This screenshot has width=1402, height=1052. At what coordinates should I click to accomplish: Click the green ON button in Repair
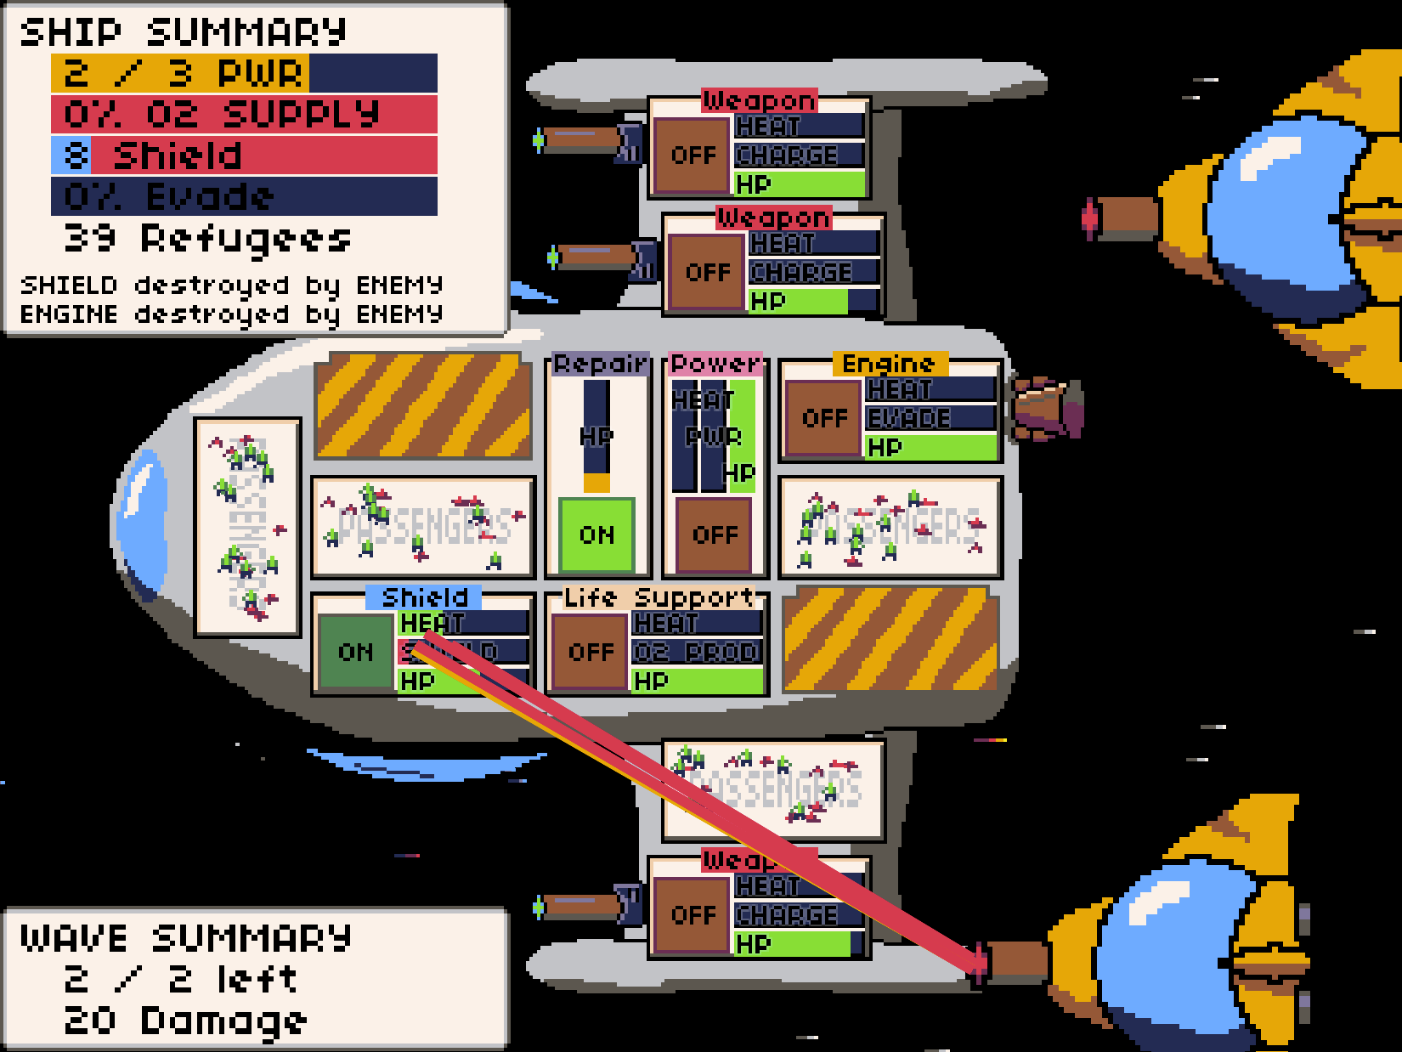click(x=596, y=534)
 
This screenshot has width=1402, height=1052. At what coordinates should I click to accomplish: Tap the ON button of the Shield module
click(x=355, y=652)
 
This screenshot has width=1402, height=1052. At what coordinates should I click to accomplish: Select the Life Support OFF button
click(x=591, y=652)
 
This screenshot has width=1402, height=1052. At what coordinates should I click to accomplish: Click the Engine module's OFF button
click(x=824, y=418)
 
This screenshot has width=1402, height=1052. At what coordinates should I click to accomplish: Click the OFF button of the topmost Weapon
click(x=693, y=156)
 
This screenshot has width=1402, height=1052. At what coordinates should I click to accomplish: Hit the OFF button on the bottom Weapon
click(x=693, y=914)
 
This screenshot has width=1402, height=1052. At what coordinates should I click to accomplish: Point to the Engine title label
click(x=888, y=364)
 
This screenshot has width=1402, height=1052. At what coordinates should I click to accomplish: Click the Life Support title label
click(x=659, y=597)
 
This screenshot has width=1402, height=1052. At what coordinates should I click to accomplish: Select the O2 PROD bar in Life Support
click(x=697, y=652)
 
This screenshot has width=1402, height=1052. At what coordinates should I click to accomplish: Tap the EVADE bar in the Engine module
click(x=930, y=418)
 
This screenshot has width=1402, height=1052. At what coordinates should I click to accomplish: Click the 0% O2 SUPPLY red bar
click(x=244, y=114)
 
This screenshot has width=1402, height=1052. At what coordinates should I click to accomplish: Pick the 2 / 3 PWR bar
click(x=244, y=73)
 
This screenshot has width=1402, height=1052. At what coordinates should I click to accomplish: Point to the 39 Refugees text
click(x=207, y=239)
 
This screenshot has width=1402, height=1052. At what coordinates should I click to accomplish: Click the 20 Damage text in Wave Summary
click(x=185, y=1021)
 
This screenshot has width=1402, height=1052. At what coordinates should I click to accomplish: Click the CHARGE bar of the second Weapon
click(x=813, y=272)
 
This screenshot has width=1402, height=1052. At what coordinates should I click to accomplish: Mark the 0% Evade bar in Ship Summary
click(x=244, y=196)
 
